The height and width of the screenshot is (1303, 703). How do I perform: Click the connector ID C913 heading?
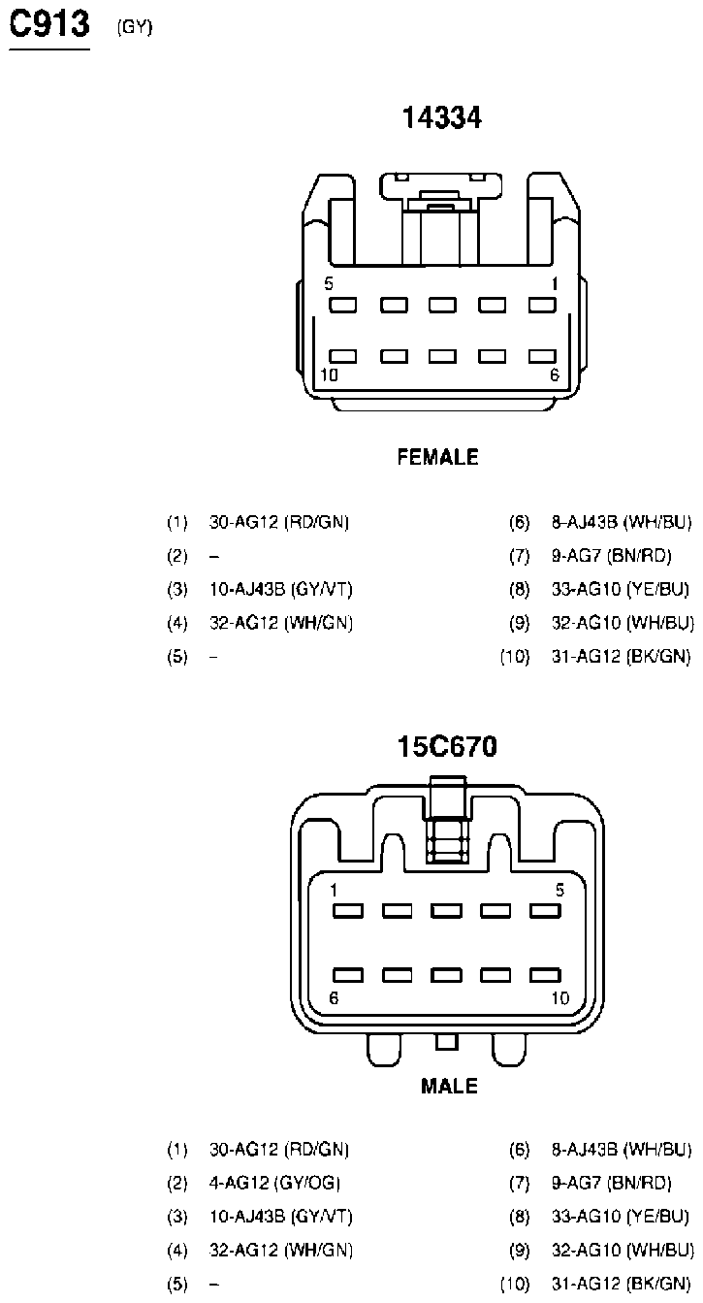(x=49, y=24)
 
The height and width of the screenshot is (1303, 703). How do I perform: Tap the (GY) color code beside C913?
(x=135, y=27)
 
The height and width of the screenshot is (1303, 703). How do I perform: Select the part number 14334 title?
(x=442, y=117)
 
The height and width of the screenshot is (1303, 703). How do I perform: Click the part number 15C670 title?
(x=447, y=746)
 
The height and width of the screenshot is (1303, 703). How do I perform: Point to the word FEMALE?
(x=438, y=457)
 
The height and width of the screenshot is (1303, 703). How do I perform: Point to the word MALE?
(x=449, y=1086)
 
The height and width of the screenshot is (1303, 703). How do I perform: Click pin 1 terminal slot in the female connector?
(x=542, y=305)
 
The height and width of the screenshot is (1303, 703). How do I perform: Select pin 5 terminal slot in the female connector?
(x=342, y=305)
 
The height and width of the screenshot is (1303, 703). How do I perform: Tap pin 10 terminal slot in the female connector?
(x=342, y=356)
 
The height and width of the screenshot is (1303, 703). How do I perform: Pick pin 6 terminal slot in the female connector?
(x=542, y=356)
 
